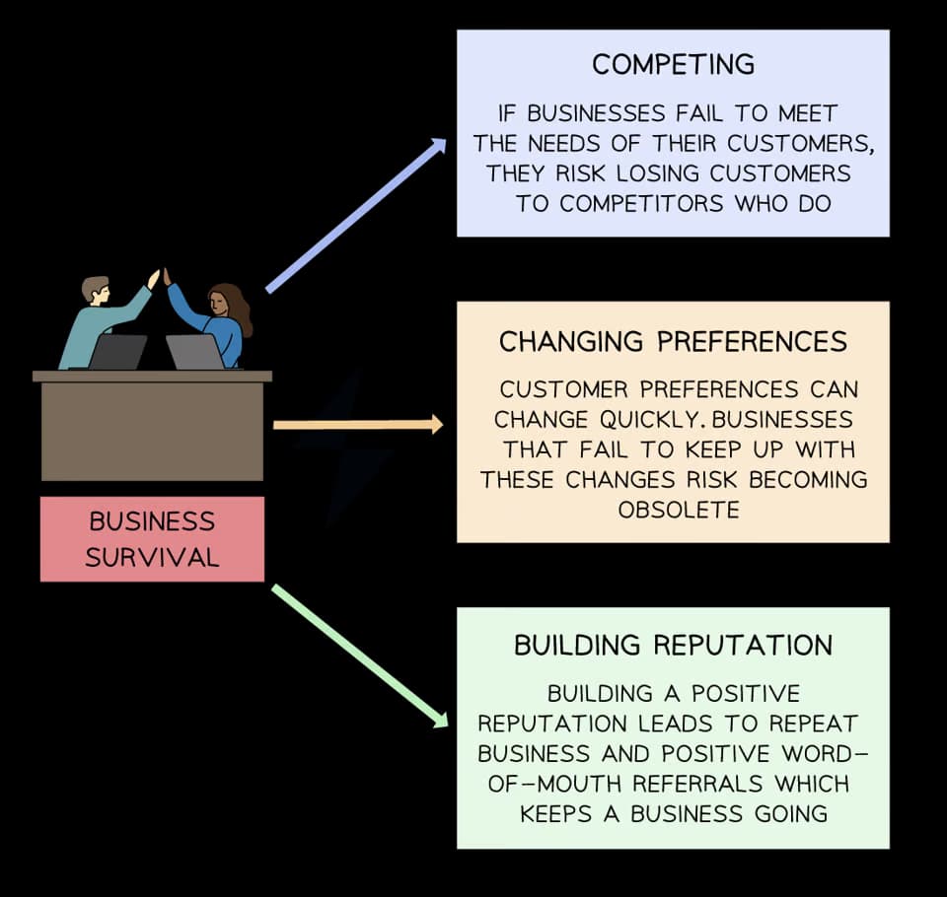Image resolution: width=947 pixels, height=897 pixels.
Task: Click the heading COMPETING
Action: (673, 65)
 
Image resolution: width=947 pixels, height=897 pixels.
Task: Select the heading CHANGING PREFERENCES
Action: (673, 342)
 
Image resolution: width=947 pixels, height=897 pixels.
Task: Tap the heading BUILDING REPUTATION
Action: (673, 646)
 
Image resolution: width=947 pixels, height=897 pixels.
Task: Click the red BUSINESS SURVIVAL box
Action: (152, 538)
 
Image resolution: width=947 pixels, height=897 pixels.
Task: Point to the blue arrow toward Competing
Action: (355, 216)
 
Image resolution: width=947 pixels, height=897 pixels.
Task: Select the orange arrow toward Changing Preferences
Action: (357, 425)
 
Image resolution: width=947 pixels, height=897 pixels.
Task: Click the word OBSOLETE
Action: (678, 510)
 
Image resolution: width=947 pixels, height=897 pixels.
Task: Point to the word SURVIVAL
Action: (151, 557)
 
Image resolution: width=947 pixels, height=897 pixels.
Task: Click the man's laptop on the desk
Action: (117, 352)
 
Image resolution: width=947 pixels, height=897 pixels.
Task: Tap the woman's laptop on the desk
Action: (194, 352)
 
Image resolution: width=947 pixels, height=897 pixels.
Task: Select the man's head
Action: (95, 288)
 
